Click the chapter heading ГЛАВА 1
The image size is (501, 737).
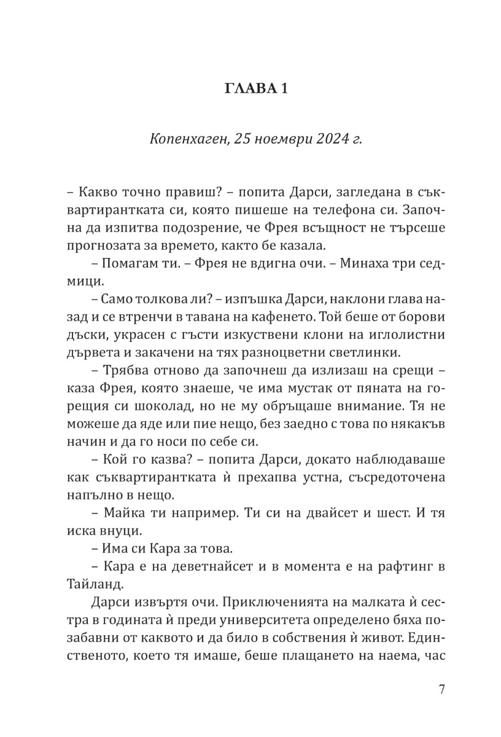coord(251,89)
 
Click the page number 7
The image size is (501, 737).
coord(441,688)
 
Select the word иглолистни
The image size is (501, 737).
coord(400,336)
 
